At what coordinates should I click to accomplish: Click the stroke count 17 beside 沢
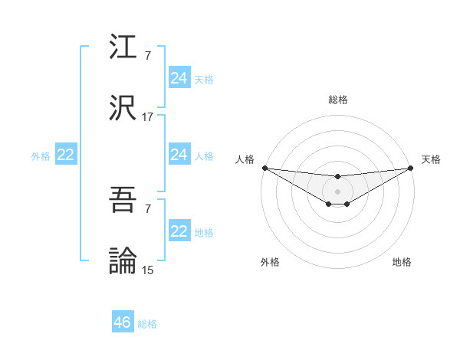tap(147, 117)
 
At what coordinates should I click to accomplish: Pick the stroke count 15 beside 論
tap(147, 270)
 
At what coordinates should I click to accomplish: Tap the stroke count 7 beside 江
tap(147, 56)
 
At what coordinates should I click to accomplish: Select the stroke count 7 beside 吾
tap(147, 209)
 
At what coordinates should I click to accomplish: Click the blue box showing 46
tap(123, 322)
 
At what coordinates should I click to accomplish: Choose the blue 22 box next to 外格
tap(65, 155)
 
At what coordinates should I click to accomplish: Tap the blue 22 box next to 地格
tap(179, 231)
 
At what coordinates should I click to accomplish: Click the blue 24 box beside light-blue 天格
tap(179, 78)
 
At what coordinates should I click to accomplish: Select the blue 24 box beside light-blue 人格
tap(179, 155)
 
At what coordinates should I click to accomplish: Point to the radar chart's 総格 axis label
tap(338, 100)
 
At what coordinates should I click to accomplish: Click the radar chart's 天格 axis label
tap(431, 159)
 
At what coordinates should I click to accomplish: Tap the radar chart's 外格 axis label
tap(270, 262)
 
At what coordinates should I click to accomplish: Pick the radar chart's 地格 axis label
tap(402, 262)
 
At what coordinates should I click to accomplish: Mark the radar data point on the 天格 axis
tap(411, 168)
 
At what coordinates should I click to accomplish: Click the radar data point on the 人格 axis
tap(264, 168)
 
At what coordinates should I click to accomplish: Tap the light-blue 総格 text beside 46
tap(147, 324)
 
